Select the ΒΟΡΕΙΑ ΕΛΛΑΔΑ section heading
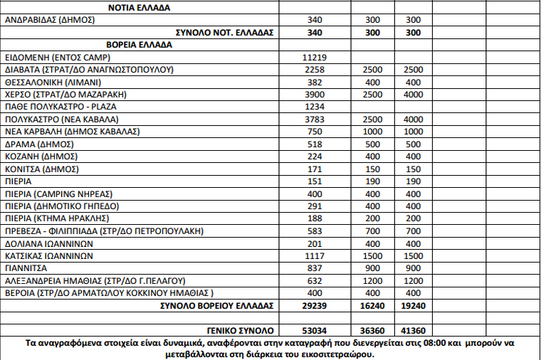coord(143,45)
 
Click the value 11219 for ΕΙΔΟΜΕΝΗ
coord(315,57)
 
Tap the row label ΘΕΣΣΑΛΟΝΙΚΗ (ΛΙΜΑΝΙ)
coord(53,82)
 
